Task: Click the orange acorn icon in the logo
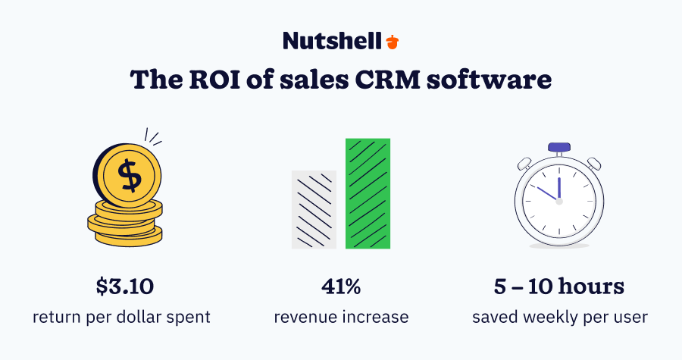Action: tap(392, 41)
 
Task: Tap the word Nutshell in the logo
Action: tap(332, 40)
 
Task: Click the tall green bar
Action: tap(368, 193)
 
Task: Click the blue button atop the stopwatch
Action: tap(559, 146)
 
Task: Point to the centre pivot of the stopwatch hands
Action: tap(558, 201)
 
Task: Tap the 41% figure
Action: tap(340, 287)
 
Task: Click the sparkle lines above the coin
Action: tap(154, 138)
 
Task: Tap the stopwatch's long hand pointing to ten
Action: tap(545, 193)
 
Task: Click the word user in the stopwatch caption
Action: tap(632, 316)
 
